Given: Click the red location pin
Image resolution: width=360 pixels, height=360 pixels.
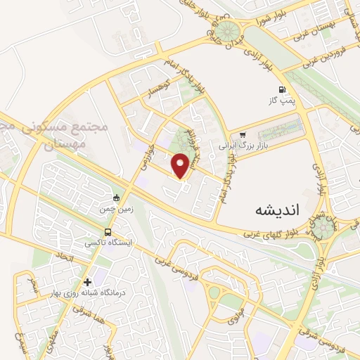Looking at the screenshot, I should point(181,165).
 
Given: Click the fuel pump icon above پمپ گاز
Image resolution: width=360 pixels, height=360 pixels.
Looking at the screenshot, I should point(282,89).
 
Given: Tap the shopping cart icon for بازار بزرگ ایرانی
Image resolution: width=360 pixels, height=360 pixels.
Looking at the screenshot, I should point(243,135).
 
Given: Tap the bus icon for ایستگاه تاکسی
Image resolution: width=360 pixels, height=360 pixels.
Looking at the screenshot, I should point(108,232).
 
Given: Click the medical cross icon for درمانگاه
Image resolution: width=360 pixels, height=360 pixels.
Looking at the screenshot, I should point(87,282).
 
